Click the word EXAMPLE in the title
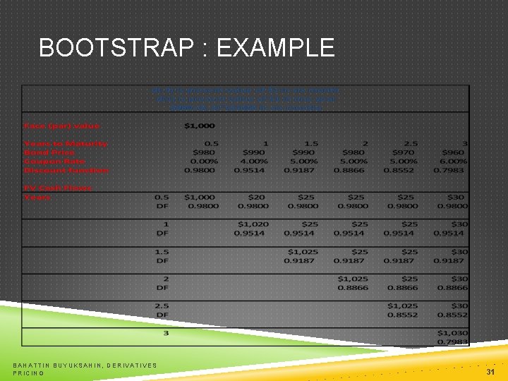(x=277, y=48)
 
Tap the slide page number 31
(x=490, y=371)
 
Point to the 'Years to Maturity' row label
(x=65, y=143)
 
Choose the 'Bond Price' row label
(x=49, y=152)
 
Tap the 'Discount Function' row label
(x=66, y=170)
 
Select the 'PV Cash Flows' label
(x=58, y=188)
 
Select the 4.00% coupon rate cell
(x=253, y=161)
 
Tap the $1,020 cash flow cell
(x=251, y=224)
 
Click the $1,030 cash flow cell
(x=452, y=332)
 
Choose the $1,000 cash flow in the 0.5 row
(x=201, y=197)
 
